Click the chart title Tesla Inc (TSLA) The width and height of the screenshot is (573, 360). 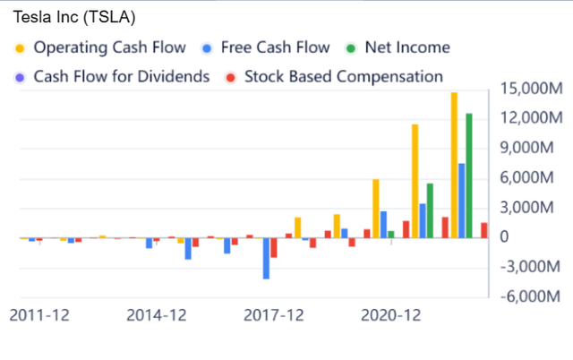(x=68, y=17)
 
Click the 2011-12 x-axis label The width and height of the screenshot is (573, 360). (x=38, y=315)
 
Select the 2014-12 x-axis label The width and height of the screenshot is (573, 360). (x=157, y=315)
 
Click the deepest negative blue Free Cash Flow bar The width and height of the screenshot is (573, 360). (x=266, y=258)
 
